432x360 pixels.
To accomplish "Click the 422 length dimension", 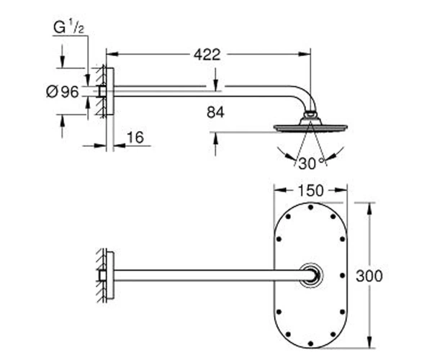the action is [207, 55].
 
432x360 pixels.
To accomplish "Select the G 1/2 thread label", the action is [68, 28].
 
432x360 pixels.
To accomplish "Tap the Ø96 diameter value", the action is [63, 91].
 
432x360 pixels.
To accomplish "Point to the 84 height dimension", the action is [215, 112].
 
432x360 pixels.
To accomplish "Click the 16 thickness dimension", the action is [135, 138].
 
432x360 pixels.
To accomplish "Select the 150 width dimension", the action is [310, 191].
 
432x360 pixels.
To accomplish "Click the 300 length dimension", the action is [369, 276].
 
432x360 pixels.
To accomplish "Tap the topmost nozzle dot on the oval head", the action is [310, 207].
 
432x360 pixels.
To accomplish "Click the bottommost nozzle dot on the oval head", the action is [310, 343].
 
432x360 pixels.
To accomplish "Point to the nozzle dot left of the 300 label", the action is [343, 275].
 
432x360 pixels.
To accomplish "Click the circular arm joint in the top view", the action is [311, 275].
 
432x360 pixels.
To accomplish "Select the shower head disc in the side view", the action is [310, 128].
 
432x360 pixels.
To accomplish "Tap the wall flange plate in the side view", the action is [110, 91].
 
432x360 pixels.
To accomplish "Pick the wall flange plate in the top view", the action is [110, 275].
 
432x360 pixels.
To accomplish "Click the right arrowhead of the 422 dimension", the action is [305, 54].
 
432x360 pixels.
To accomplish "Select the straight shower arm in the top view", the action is [210, 275].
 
